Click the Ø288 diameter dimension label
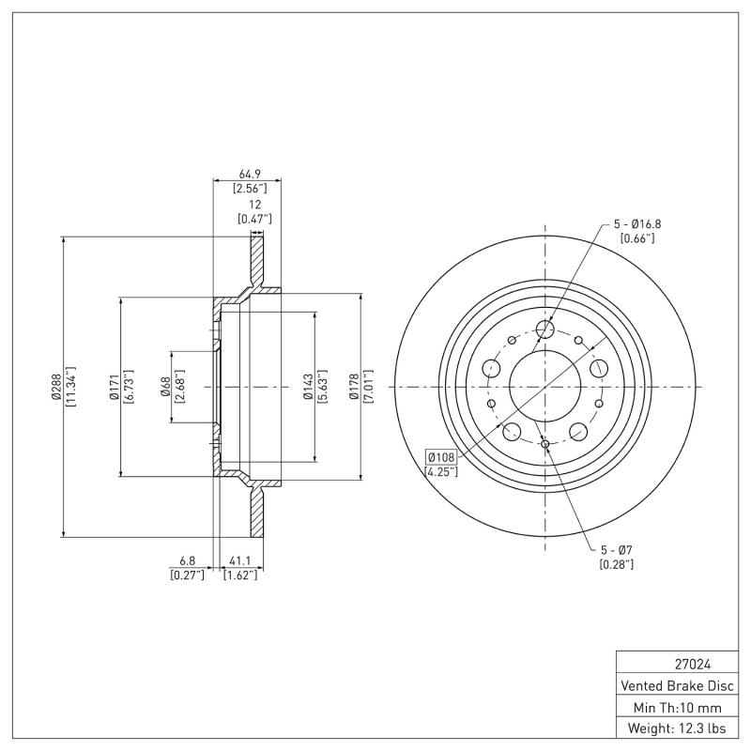click(x=55, y=387)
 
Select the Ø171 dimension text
click(x=113, y=387)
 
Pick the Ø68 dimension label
click(x=165, y=387)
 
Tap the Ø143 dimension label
click(x=307, y=387)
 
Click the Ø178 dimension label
click(x=353, y=387)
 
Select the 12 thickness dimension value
click(x=253, y=205)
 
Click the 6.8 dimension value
click(x=181, y=562)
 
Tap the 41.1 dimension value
click(x=240, y=562)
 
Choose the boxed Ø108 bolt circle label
click(x=440, y=456)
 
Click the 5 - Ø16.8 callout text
click(x=637, y=223)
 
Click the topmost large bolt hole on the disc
click(x=544, y=329)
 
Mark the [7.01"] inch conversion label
click(x=368, y=387)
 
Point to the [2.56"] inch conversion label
click(x=251, y=189)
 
